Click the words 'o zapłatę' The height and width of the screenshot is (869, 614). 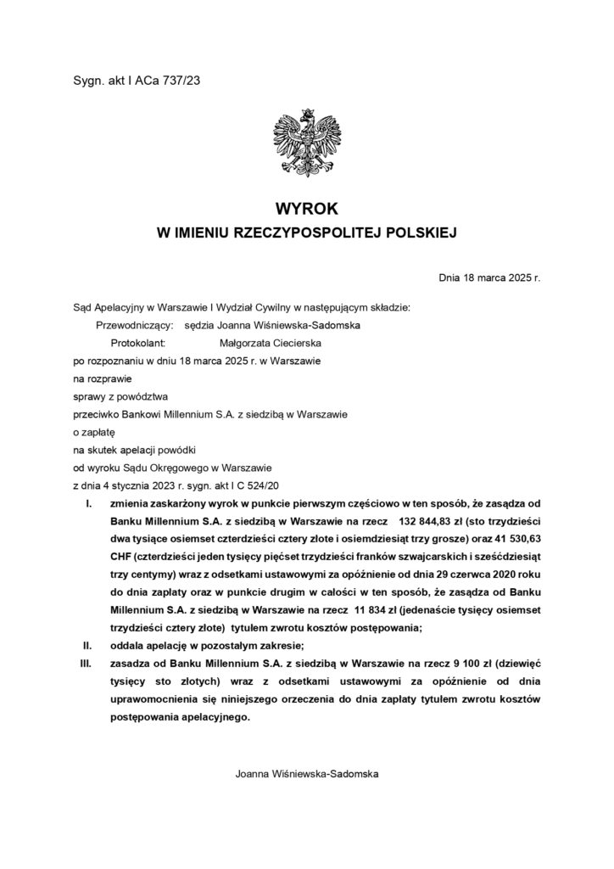pyautogui.click(x=93, y=432)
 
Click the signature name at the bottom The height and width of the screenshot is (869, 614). pyautogui.click(x=306, y=775)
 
